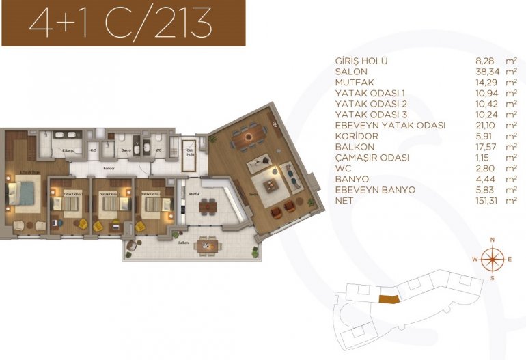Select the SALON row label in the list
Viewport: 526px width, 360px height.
click(352, 72)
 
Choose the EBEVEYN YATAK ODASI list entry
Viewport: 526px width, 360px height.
click(390, 126)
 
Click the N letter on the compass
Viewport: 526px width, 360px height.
click(491, 239)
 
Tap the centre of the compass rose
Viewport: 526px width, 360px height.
click(491, 259)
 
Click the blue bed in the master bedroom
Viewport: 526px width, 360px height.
click(25, 195)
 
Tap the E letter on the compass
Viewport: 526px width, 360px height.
click(510, 259)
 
